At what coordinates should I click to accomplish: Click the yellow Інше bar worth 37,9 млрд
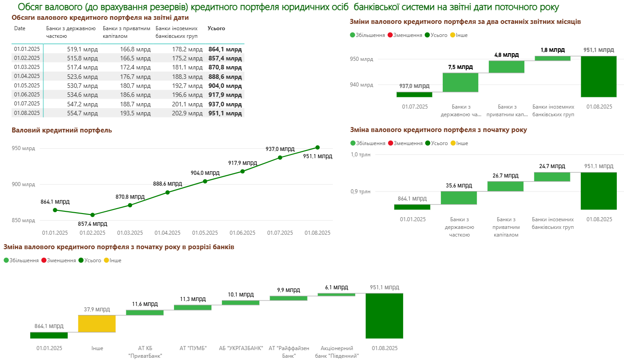click(97, 324)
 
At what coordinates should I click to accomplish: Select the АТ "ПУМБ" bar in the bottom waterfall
click(193, 307)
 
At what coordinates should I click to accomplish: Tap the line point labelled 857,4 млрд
click(92, 215)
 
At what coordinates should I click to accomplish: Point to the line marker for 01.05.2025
click(205, 181)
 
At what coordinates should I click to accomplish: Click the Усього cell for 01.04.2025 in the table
click(225, 77)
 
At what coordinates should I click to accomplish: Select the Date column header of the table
click(20, 28)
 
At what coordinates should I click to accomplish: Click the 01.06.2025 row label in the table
click(27, 95)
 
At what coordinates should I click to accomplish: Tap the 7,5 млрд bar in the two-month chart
click(460, 82)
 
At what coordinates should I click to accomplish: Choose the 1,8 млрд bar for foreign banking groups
click(552, 58)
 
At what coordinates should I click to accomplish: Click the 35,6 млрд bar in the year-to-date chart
click(459, 198)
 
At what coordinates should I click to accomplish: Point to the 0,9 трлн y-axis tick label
click(361, 191)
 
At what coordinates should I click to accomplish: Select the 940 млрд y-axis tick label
click(362, 85)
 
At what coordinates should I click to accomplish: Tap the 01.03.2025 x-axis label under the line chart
click(130, 233)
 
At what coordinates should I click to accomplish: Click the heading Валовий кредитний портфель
click(61, 130)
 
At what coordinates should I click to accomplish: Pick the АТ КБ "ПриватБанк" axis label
click(145, 352)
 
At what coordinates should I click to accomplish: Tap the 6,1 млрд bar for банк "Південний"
click(336, 294)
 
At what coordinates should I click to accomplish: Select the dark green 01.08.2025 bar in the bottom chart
click(384, 315)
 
